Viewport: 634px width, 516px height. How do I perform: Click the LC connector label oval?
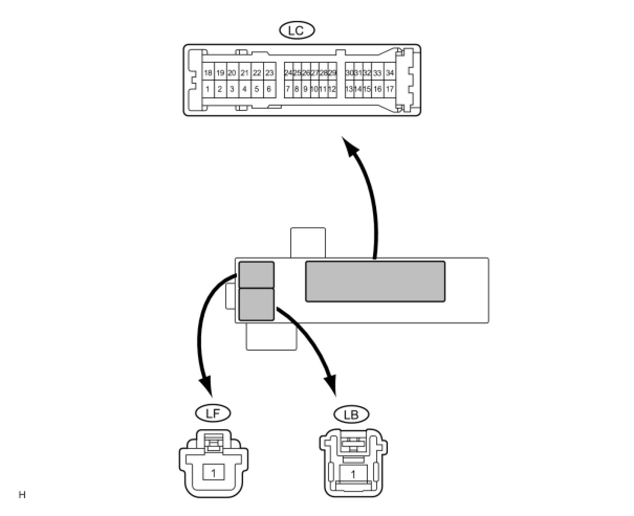tap(297, 30)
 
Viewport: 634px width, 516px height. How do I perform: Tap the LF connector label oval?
tap(212, 413)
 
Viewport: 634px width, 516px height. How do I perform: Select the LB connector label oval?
tap(351, 415)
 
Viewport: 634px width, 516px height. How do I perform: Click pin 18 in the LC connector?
tap(208, 73)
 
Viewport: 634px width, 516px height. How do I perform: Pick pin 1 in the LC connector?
tap(207, 89)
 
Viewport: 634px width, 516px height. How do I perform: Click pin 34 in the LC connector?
tap(389, 73)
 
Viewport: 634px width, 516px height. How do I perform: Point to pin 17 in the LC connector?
tap(389, 89)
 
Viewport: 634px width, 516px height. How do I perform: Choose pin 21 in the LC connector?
tap(244, 73)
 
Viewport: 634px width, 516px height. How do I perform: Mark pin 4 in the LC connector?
tap(244, 89)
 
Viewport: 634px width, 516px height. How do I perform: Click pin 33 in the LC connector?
tap(377, 73)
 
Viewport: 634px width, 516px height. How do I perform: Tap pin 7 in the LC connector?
tap(288, 89)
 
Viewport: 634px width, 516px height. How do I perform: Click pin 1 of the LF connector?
tap(213, 473)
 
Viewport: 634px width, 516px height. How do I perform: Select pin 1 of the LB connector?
tap(353, 475)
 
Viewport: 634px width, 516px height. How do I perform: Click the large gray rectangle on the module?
tap(375, 282)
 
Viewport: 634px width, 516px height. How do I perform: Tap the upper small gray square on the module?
tap(256, 275)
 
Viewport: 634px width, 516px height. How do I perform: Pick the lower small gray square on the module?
tap(256, 305)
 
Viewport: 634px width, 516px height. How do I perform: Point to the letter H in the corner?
tap(22, 495)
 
